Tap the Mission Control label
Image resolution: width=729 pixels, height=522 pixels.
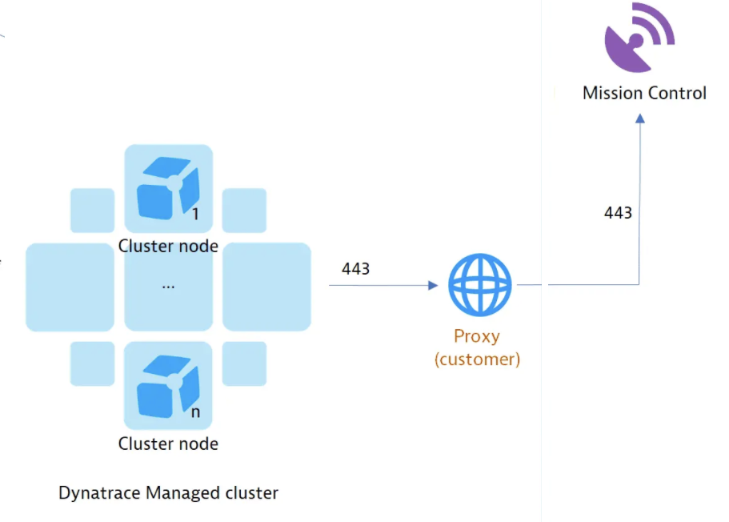[x=644, y=93]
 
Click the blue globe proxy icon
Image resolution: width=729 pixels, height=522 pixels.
[x=479, y=286]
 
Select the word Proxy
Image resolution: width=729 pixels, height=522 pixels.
[x=477, y=335]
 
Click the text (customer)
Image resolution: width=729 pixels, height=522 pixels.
[x=477, y=359]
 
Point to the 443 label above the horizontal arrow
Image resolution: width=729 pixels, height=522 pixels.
[x=355, y=269]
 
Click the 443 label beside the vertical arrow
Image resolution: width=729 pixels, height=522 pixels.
[x=618, y=213]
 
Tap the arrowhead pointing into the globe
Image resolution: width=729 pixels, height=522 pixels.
[x=434, y=285]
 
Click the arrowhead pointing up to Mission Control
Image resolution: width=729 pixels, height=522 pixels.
[x=639, y=118]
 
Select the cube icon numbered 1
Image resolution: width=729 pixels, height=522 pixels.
[x=166, y=189]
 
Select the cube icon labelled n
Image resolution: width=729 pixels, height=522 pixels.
[x=166, y=387]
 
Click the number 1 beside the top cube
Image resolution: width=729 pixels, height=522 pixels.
[x=195, y=215]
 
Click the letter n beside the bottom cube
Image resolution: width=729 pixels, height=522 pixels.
[x=195, y=412]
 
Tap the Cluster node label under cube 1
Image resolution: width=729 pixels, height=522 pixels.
[x=168, y=246]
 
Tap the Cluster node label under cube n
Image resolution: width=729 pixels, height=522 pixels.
[x=168, y=444]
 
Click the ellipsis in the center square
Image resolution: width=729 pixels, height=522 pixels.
[x=168, y=285]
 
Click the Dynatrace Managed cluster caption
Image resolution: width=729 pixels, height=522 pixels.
[x=168, y=493]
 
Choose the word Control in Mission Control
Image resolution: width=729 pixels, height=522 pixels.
[x=678, y=93]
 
